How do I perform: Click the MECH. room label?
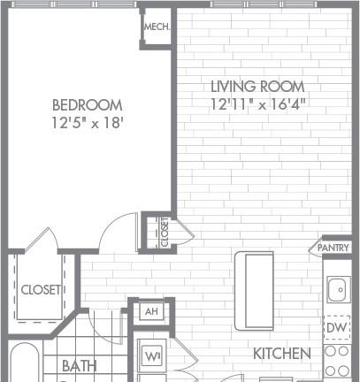click(x=157, y=27)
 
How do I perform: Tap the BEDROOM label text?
click(x=88, y=105)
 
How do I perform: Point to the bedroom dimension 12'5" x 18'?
click(x=88, y=123)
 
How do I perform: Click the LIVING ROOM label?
click(x=257, y=87)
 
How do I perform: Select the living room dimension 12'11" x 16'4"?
click(x=258, y=103)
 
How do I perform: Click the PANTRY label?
click(x=333, y=248)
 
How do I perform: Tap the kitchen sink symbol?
click(x=339, y=289)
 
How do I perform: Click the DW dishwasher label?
click(x=337, y=327)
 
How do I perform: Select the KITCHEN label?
click(x=282, y=354)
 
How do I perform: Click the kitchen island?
click(x=254, y=291)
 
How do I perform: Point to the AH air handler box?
click(x=151, y=311)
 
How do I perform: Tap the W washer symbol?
click(x=152, y=356)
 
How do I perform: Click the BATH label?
click(x=80, y=366)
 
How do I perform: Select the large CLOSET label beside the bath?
click(x=41, y=290)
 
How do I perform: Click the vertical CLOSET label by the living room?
click(x=165, y=232)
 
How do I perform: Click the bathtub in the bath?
click(x=25, y=363)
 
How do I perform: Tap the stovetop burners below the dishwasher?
click(x=337, y=361)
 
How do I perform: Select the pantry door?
click(x=315, y=247)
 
